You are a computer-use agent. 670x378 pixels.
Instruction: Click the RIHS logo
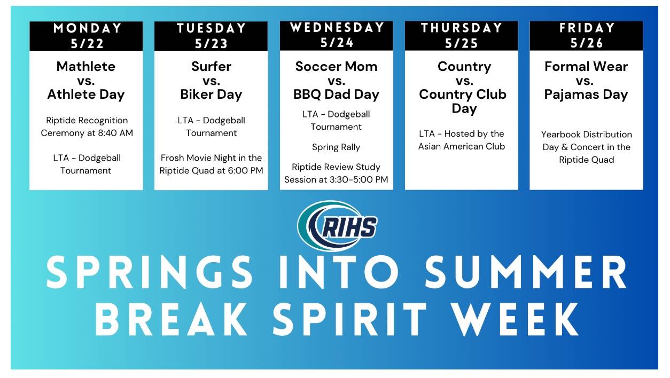337,226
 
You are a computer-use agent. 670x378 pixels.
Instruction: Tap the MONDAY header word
87,28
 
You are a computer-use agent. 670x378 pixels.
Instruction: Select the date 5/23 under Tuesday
211,44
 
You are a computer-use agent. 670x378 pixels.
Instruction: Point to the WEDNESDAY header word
337,28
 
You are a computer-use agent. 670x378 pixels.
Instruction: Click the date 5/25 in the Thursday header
461,44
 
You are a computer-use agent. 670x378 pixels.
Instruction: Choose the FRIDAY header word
587,28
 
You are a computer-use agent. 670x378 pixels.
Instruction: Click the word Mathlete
86,66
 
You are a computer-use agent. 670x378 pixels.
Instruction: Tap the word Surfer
211,66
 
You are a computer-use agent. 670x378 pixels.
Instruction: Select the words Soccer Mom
336,66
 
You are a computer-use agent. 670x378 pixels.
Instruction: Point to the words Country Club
462,94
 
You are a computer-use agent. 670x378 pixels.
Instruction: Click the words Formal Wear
586,66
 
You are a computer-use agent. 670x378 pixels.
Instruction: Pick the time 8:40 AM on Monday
115,133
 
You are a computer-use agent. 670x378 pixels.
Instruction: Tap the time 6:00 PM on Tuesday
245,171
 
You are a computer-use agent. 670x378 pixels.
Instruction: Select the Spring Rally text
336,147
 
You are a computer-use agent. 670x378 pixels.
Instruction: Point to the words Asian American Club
462,146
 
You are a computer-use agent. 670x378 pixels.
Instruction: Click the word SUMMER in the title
526,272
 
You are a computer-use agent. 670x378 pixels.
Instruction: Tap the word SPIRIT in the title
349,319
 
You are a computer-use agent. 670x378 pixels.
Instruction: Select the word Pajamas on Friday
571,95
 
